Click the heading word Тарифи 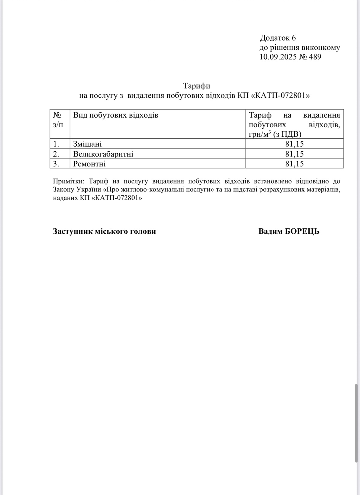click(x=197, y=86)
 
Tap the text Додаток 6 click(x=278, y=38)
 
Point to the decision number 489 click(x=315, y=57)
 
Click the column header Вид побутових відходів click(x=116, y=115)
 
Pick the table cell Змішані click(x=88, y=144)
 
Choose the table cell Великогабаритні click(x=103, y=154)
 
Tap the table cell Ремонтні click(x=89, y=164)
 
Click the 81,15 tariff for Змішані click(x=294, y=144)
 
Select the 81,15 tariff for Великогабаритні click(x=294, y=154)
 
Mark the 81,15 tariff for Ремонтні click(x=294, y=164)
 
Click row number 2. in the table click(x=56, y=154)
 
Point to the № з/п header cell click(x=58, y=120)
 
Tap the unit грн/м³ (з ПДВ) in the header click(x=275, y=134)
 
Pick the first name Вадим click(x=270, y=231)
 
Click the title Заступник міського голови click(x=104, y=231)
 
